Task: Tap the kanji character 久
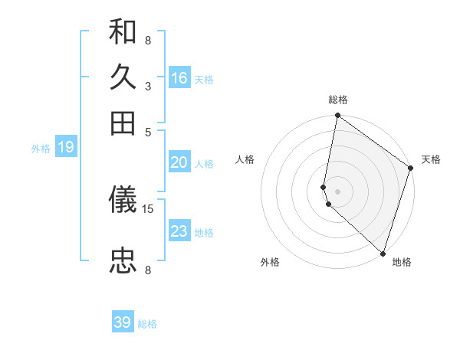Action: pos(123,78)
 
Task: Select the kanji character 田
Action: pos(123,123)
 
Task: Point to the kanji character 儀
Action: pos(123,201)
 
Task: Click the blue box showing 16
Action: pos(179,78)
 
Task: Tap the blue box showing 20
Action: pos(179,162)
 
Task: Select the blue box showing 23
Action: pos(179,231)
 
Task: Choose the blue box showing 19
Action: pos(66,147)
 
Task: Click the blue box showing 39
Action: pos(123,322)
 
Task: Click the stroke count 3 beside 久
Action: pos(148,86)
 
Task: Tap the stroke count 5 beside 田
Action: pos(148,131)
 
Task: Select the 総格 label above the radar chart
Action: pos(338,100)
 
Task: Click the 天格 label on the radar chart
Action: pos(431,159)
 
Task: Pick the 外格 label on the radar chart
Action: pos(270,262)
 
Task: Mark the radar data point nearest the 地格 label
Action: pos(383,254)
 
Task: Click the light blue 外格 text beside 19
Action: pos(41,149)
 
